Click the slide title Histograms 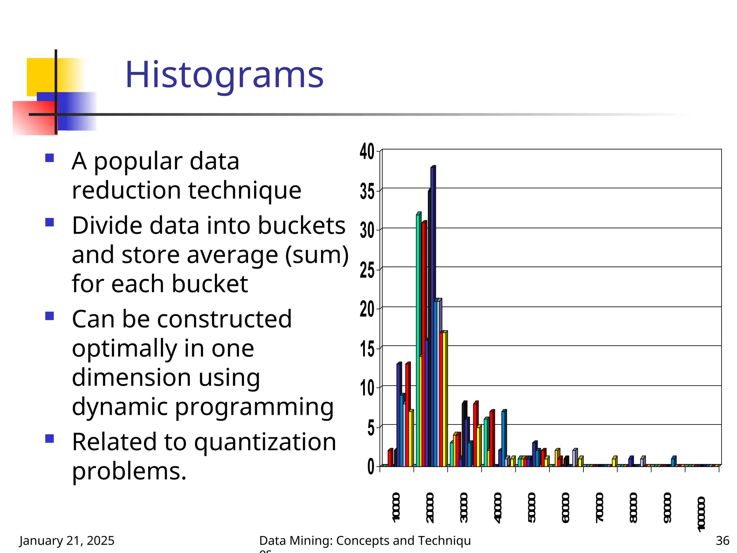224,75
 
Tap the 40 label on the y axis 367,152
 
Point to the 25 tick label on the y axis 367,270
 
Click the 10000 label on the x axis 396,508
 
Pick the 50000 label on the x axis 532,508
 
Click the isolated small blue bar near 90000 673,462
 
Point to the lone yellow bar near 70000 614,462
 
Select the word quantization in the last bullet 265,442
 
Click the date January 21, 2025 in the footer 67,541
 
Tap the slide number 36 722,541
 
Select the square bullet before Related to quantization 50,439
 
